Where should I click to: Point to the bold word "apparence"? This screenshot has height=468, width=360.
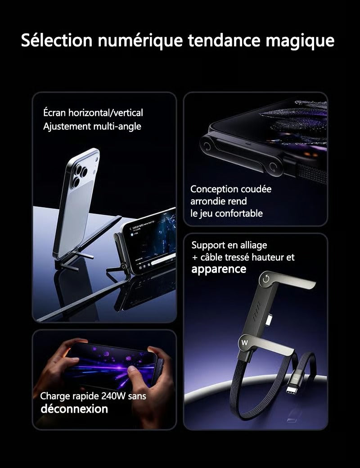point(219,269)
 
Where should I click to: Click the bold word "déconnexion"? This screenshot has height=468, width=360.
point(74,409)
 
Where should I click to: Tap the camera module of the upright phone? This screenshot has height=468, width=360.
point(80,175)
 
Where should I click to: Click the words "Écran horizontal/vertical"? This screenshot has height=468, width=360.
point(93,113)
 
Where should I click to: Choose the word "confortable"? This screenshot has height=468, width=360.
point(238,213)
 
